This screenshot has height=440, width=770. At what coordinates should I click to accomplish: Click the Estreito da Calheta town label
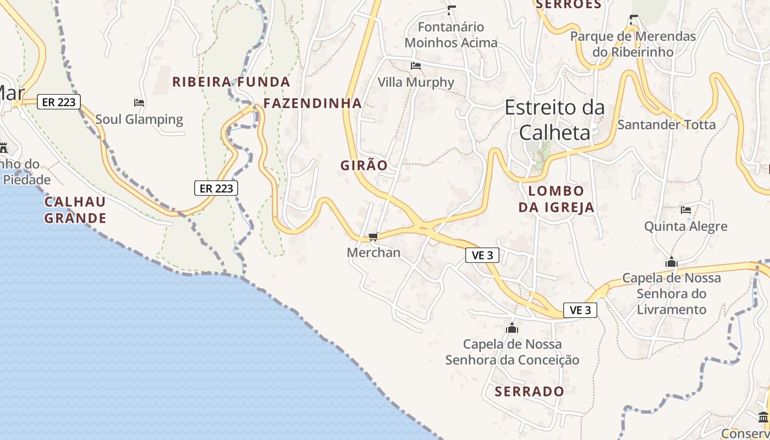[554, 120]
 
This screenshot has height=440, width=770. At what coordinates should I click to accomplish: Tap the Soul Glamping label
[139, 119]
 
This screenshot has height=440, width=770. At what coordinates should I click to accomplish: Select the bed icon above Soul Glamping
[139, 103]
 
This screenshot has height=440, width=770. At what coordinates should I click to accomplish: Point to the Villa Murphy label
[416, 82]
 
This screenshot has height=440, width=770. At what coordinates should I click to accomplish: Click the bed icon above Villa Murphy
[416, 66]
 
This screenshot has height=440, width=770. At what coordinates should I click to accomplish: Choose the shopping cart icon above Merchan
[373, 237]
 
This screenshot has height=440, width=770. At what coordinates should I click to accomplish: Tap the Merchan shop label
[373, 253]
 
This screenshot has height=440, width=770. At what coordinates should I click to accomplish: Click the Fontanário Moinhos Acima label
[451, 35]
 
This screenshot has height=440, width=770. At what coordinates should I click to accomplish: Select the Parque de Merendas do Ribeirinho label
[633, 44]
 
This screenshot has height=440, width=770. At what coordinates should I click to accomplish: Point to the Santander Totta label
[667, 125]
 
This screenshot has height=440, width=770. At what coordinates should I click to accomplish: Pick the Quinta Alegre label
[685, 227]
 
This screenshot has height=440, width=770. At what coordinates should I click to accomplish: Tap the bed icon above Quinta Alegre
[685, 210]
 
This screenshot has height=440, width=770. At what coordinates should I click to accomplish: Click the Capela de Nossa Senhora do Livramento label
[671, 294]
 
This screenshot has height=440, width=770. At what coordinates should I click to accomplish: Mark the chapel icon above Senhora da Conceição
[512, 328]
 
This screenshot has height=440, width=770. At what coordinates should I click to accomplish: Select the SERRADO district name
[529, 392]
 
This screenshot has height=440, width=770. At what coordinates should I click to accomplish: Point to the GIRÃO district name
[364, 166]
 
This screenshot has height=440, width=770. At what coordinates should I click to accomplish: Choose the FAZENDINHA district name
[312, 103]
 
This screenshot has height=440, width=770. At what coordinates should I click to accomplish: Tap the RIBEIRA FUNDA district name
[231, 82]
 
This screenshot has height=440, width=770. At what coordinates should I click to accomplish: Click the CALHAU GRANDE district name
[75, 210]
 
